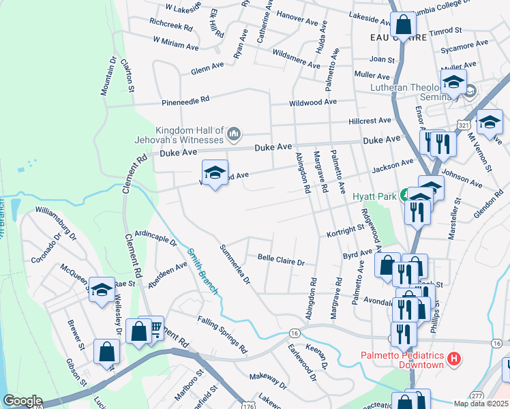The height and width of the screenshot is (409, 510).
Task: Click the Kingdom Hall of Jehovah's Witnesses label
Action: tap(190, 135)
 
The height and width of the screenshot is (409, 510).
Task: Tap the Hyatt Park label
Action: tap(374, 196)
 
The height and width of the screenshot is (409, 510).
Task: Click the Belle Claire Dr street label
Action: tap(280, 260)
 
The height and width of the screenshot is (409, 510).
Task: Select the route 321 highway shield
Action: tap(464, 126)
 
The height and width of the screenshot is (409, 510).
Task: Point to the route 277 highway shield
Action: tap(477, 393)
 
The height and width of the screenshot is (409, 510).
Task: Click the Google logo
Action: tap(22, 401)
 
